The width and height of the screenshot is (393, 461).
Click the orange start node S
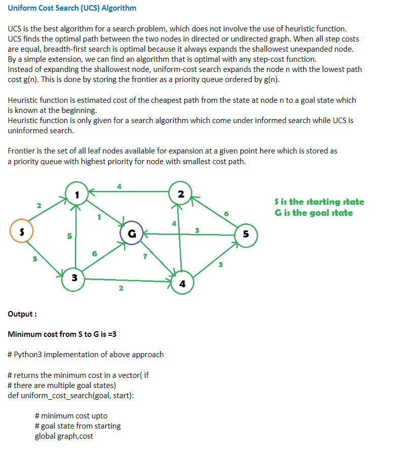(22, 231)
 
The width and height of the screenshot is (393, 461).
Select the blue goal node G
(132, 234)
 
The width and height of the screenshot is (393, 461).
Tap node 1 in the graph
(76, 195)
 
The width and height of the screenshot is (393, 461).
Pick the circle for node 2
(181, 195)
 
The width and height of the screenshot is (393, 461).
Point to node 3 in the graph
(74, 278)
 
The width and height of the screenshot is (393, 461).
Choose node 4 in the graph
(182, 284)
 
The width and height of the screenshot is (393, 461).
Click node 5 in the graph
(246, 235)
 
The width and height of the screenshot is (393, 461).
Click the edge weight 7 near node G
(145, 256)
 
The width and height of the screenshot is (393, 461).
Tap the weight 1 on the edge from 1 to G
(99, 218)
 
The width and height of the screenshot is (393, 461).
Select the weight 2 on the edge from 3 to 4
(120, 289)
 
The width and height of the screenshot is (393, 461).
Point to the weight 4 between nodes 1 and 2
(119, 186)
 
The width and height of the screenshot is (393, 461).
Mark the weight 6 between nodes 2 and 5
(226, 214)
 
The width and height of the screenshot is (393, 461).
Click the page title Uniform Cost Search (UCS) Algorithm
(72, 8)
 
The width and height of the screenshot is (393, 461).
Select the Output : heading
(22, 314)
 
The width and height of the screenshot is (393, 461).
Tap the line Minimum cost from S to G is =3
(62, 334)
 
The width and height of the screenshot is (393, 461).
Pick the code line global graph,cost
(64, 436)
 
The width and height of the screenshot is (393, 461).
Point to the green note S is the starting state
(319, 202)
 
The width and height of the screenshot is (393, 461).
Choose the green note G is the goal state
(313, 213)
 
